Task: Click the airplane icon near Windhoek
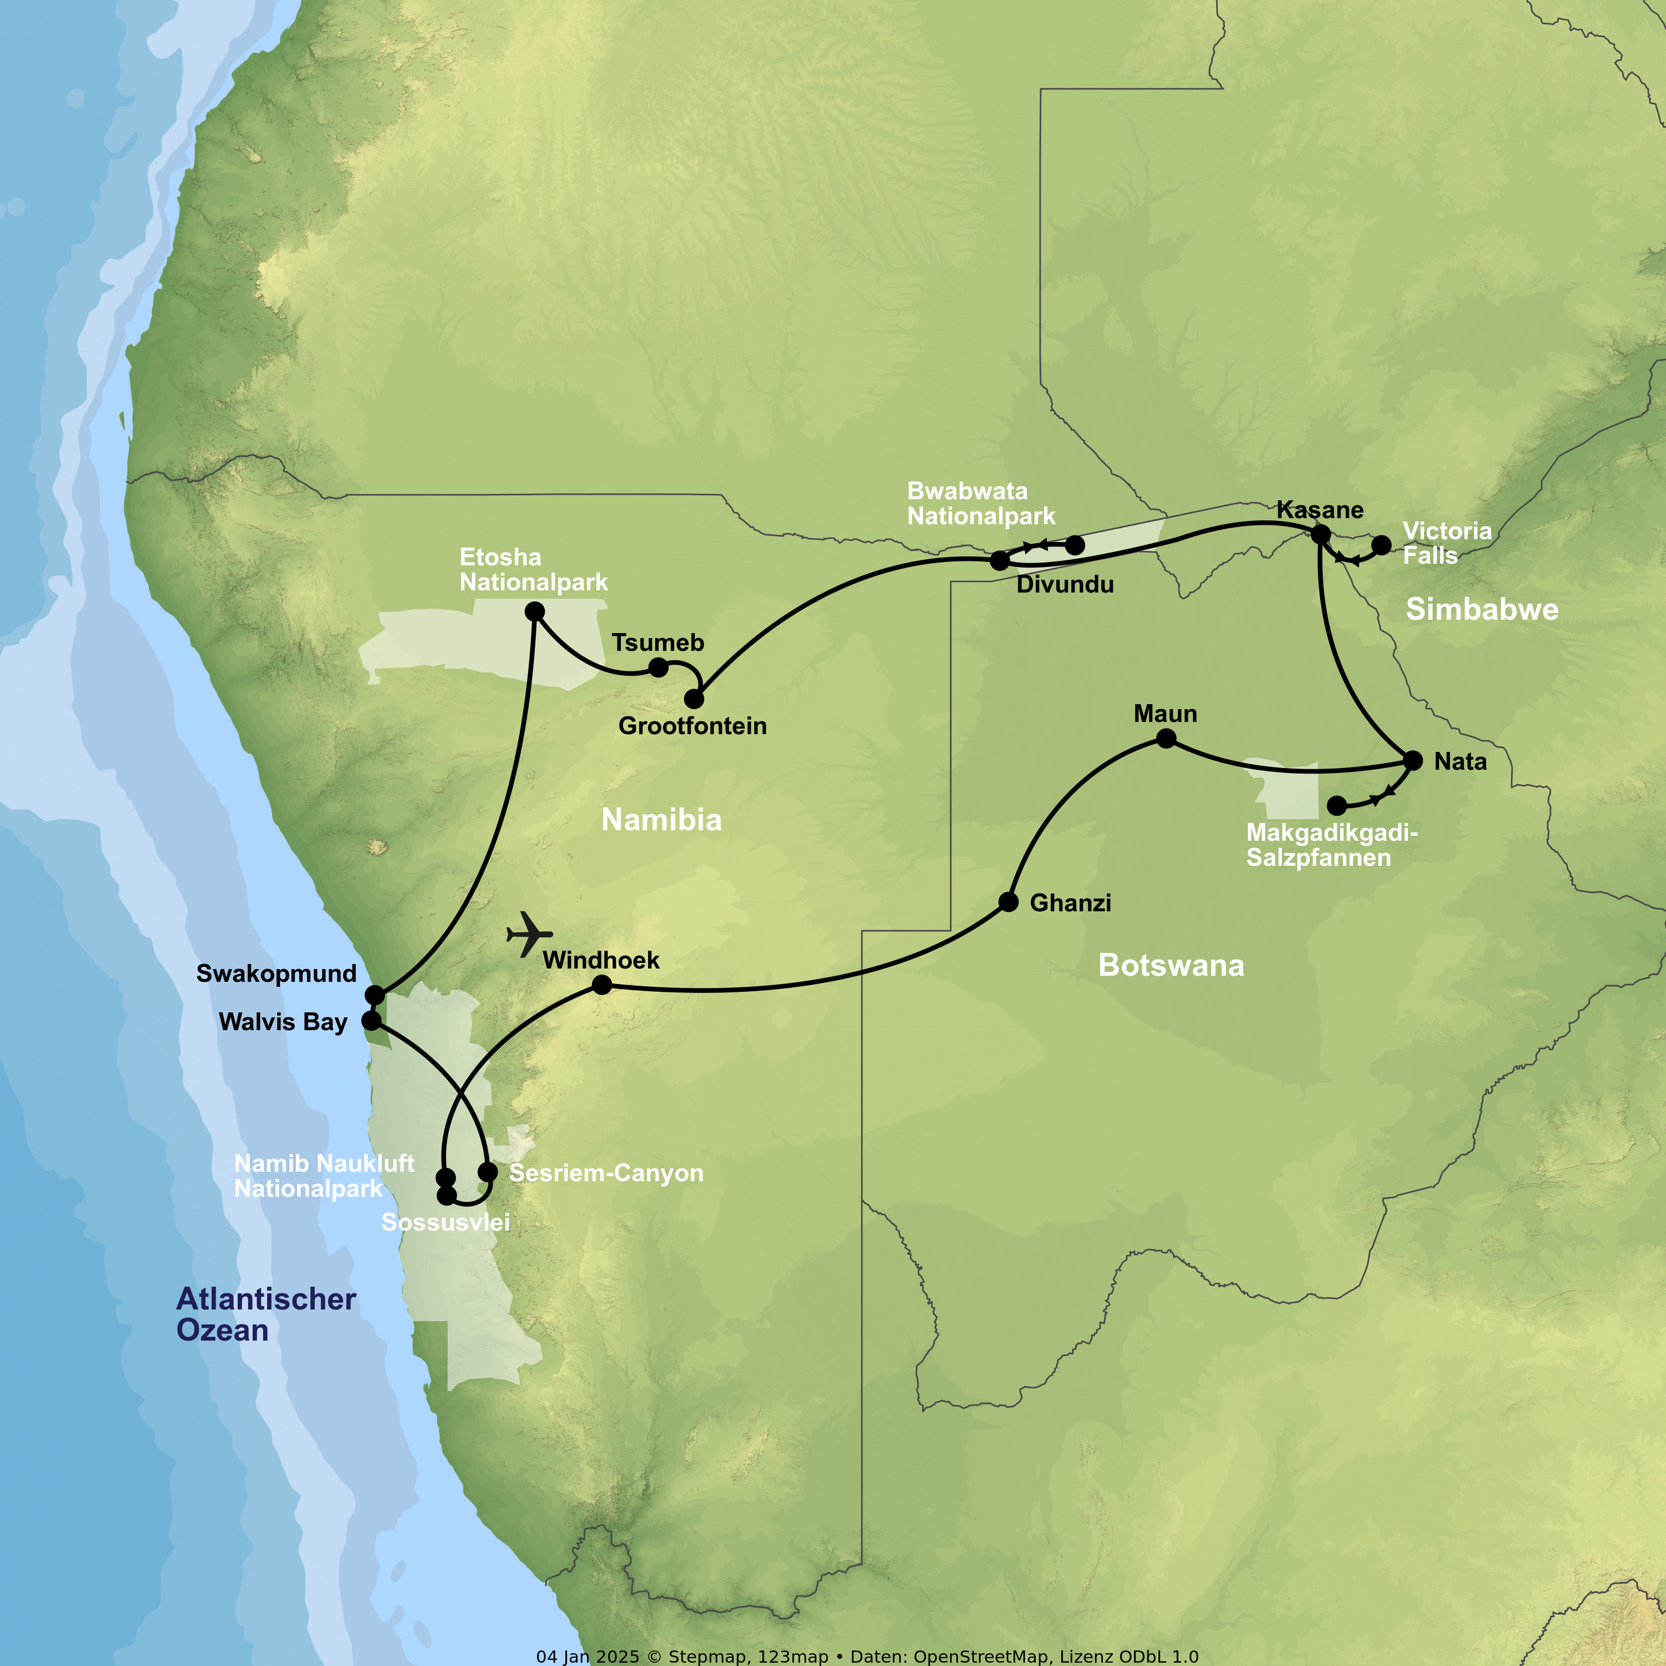pyautogui.click(x=529, y=934)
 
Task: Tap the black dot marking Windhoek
pyautogui.click(x=602, y=985)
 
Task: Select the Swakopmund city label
pyautogui.click(x=276, y=973)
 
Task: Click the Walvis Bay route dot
pyautogui.click(x=371, y=1021)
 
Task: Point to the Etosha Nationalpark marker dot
pyautogui.click(x=535, y=611)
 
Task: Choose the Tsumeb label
pyautogui.click(x=658, y=643)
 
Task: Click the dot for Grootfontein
pyautogui.click(x=694, y=699)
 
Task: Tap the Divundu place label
pyautogui.click(x=1065, y=585)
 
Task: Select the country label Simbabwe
pyautogui.click(x=1482, y=610)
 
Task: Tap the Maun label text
pyautogui.click(x=1165, y=714)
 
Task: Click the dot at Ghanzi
pyautogui.click(x=1008, y=902)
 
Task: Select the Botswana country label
pyautogui.click(x=1171, y=965)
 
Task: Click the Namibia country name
pyautogui.click(x=661, y=819)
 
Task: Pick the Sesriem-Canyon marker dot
pyautogui.click(x=487, y=1172)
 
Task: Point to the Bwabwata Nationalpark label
pyautogui.click(x=981, y=504)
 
